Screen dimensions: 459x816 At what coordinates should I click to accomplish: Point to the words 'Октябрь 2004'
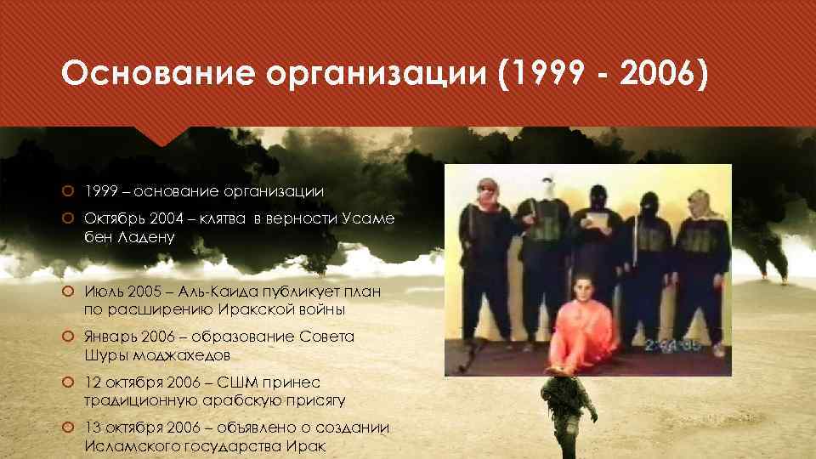pos(127,219)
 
